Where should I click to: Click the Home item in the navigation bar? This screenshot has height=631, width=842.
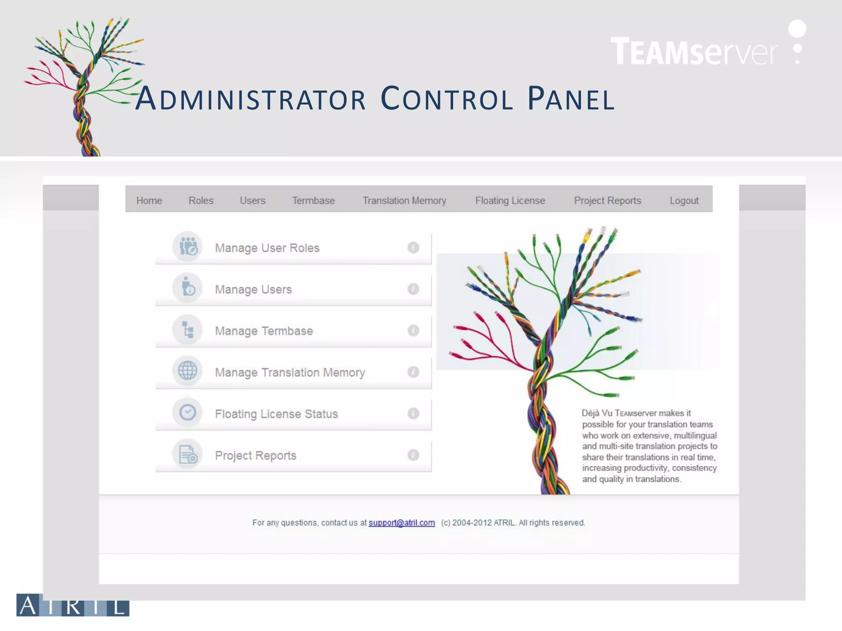click(149, 200)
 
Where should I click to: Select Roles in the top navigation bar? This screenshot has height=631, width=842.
click(201, 200)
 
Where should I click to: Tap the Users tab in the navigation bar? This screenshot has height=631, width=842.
click(252, 200)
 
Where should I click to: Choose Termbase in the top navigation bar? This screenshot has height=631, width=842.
click(313, 200)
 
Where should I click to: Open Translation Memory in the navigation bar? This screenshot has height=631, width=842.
click(404, 200)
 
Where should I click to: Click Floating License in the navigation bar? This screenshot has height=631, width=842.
click(510, 200)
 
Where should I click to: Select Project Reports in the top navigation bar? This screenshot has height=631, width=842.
click(607, 200)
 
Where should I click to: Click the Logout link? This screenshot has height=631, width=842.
click(684, 200)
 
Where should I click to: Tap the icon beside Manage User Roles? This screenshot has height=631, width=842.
click(187, 247)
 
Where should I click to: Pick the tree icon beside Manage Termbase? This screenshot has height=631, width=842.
click(187, 329)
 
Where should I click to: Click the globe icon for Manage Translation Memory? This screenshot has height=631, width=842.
click(187, 371)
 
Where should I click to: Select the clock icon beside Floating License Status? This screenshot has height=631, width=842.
click(187, 412)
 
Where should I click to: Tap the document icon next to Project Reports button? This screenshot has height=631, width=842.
click(187, 454)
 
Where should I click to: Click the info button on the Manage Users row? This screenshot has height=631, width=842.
click(413, 289)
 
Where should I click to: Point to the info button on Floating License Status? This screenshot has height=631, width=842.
click(413, 413)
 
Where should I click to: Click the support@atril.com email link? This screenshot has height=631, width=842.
click(401, 523)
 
